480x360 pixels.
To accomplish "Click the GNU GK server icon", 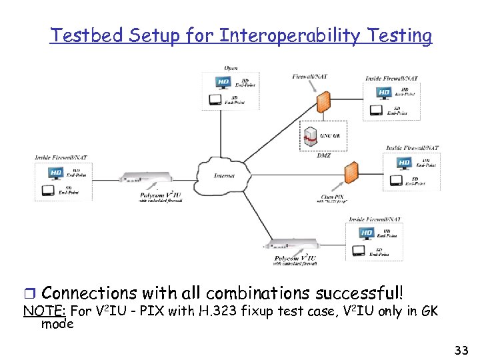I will pos(310,136).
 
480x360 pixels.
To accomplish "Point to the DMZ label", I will pos(323,155).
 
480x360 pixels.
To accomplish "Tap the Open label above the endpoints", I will pos(230,69).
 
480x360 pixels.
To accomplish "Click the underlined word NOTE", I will pos(45,311).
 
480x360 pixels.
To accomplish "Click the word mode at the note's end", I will pos(57,324).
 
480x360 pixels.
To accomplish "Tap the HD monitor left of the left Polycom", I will pos(56,173).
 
